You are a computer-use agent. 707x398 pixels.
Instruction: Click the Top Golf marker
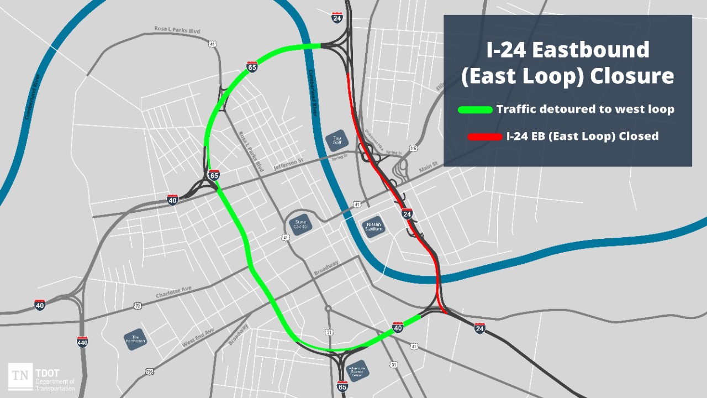337,141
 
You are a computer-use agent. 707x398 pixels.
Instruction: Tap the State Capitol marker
301,224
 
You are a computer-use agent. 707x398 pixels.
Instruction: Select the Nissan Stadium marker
373,226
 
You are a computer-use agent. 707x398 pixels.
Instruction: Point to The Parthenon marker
135,339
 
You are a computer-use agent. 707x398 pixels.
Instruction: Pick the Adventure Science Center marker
356,371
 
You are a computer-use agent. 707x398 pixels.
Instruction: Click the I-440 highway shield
82,342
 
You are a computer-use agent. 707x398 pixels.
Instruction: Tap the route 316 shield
413,148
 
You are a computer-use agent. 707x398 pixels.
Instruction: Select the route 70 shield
138,306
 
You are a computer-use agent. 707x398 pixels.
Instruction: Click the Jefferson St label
289,164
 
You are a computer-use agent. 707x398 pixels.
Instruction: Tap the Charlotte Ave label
173,292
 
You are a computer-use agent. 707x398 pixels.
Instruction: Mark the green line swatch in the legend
475,109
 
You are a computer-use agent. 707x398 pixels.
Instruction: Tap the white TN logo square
20,376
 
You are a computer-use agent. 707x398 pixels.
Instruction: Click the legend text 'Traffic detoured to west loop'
585,109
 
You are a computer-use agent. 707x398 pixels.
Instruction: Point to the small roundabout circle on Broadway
328,308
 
